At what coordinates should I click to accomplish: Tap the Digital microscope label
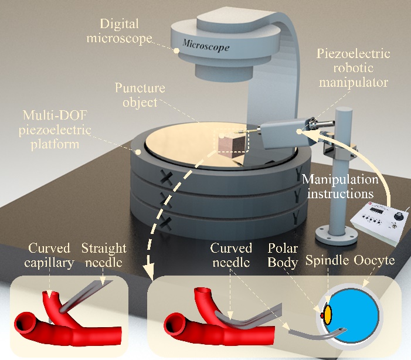coord(119,31)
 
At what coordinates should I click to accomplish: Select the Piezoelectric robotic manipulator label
coord(354,68)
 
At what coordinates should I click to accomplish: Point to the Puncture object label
coord(140,95)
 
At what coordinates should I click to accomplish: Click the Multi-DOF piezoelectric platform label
coord(55,130)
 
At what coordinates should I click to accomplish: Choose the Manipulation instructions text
coord(340,186)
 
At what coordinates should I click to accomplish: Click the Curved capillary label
coord(49,255)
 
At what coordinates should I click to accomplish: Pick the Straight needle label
coord(104,255)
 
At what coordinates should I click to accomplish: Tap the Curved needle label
coord(231,255)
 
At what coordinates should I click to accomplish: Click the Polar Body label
coord(283,256)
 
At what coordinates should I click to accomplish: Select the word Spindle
coord(327,260)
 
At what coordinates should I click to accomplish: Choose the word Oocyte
coord(374,261)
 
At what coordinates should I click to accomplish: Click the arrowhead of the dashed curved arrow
coord(149,271)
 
